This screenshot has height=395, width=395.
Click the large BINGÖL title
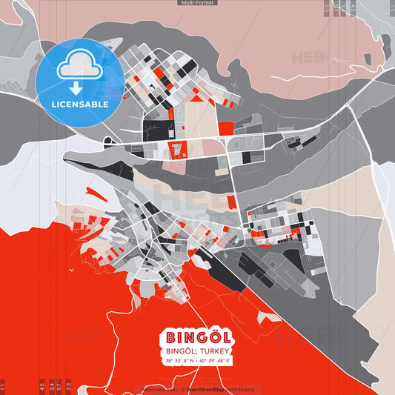click(x=196, y=336)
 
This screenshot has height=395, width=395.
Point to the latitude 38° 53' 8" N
click(x=179, y=360)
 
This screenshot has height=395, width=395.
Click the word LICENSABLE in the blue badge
click(x=80, y=104)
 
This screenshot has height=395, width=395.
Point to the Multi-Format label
click(x=197, y=3)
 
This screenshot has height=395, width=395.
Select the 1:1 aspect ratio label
click(x=3, y=387)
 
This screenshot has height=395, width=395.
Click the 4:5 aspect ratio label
click(x=42, y=387)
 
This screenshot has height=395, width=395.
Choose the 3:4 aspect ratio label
click(x=51, y=387)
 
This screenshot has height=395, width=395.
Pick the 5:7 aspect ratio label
click(x=60, y=387)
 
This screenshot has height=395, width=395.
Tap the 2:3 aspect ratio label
click(x=68, y=387)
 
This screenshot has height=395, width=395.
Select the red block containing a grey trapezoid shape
click(x=178, y=150)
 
